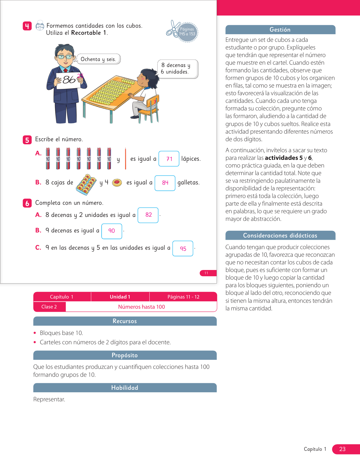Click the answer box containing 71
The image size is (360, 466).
pos(169,159)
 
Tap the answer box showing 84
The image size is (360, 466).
pos(165,183)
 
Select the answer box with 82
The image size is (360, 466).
pos(148,215)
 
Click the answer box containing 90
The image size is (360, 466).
pos(112,231)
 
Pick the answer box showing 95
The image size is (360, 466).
pos(183,249)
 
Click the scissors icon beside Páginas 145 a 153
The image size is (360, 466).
pos(173,29)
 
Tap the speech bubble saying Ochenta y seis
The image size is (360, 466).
pos(98,59)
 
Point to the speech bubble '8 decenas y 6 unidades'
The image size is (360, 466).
pos(177,69)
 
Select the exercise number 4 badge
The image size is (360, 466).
pos(27,26)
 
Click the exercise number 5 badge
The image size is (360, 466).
pos(27,140)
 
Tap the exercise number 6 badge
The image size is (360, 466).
pos(27,203)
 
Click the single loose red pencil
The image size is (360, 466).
pos(125,159)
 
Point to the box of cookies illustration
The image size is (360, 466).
pos(87,184)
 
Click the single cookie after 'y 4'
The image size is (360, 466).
pos(117,183)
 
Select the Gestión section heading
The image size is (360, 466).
pos(280,30)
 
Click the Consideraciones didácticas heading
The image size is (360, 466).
pos(280,236)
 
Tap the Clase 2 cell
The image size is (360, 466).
pos(49,307)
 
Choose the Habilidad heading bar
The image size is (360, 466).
pos(125,388)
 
